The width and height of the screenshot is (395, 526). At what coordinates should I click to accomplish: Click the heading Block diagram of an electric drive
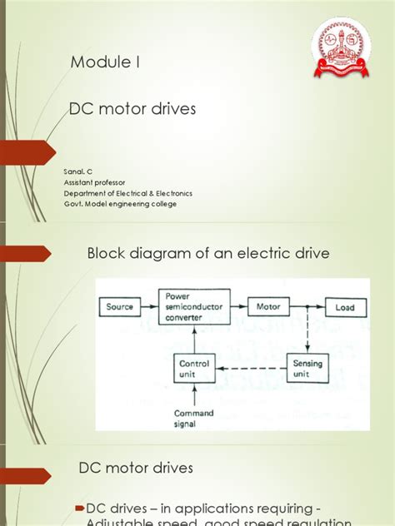[209, 253]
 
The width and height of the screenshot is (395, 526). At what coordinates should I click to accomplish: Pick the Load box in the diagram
[344, 308]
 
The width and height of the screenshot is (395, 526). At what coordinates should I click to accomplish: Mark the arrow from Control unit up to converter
[193, 337]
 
